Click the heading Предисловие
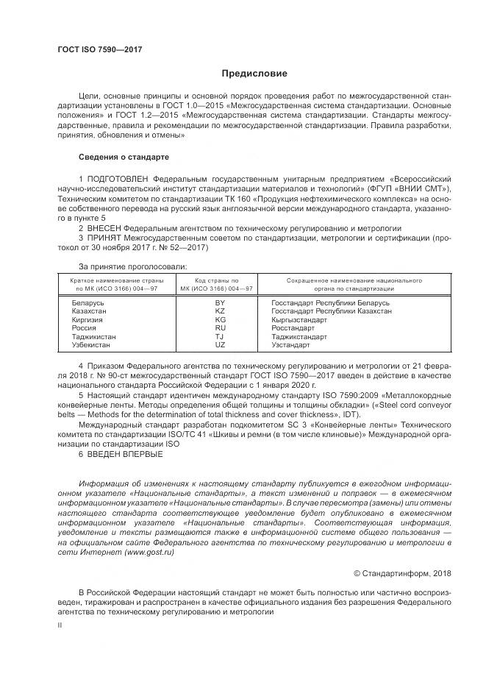click(x=254, y=74)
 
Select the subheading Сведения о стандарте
click(x=124, y=157)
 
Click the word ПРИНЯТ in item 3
click(x=104, y=238)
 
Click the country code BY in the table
click(x=219, y=303)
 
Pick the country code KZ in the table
click(x=219, y=311)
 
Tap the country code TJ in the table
click(x=219, y=336)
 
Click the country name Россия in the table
click(x=84, y=328)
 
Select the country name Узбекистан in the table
click(x=90, y=344)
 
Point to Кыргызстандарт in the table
click(x=299, y=320)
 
